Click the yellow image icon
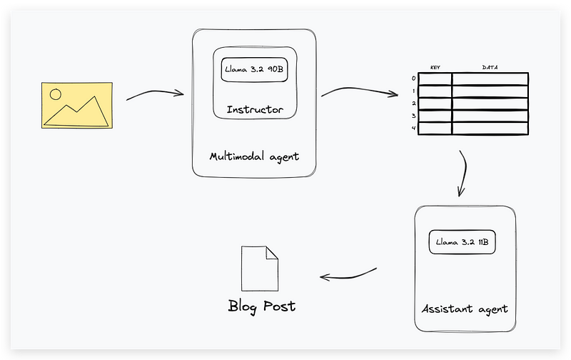coord(76,105)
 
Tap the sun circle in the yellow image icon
coord(56,93)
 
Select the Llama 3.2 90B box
coord(254,70)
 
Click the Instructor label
coord(255,110)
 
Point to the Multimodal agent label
coord(254,156)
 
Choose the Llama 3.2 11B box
coord(462,243)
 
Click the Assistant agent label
coord(464,309)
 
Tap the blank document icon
coord(260,268)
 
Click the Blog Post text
coord(261,306)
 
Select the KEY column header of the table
coord(435,68)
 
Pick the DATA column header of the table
coord(490,68)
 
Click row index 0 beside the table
coord(413,79)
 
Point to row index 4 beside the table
coord(413,129)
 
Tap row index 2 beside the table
coord(413,104)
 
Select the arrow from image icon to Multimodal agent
coord(156,94)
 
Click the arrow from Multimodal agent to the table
coord(359,91)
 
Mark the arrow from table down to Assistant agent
coord(464,172)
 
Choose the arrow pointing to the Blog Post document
coord(348,274)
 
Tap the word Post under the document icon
coord(278,306)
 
